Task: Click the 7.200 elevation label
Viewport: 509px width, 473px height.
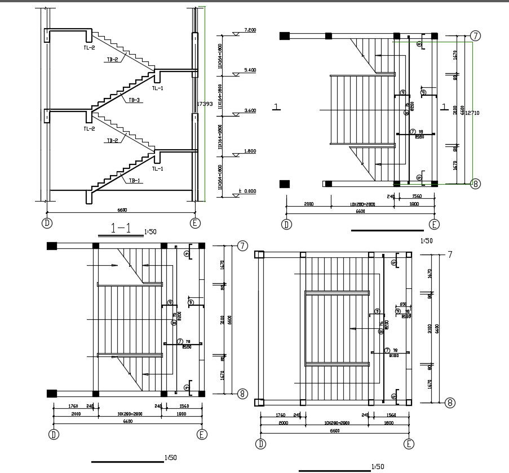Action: click(250, 30)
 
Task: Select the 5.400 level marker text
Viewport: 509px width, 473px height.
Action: click(250, 70)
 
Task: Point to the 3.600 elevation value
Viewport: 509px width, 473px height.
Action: click(250, 111)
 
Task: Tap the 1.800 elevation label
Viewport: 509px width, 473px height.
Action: click(250, 151)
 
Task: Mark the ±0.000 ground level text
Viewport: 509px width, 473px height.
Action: click(247, 192)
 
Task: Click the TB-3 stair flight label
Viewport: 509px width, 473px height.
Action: click(134, 100)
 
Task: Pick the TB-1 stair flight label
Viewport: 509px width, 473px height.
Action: click(134, 181)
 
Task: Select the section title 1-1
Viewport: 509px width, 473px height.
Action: click(121, 229)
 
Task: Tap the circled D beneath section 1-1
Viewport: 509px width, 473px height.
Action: click(47, 223)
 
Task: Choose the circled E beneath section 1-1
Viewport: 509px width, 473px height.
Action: click(195, 223)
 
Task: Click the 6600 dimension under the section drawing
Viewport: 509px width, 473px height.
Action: click(122, 210)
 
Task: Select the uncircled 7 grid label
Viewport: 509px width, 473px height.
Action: click(450, 255)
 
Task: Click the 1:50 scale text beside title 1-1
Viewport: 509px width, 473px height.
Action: click(151, 231)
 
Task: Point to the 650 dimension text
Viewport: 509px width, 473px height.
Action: click(402, 305)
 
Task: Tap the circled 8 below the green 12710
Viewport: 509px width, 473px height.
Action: click(475, 184)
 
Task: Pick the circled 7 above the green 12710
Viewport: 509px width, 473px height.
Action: click(475, 36)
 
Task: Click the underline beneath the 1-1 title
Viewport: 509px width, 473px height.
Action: click(120, 235)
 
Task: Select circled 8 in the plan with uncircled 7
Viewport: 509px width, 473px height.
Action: click(450, 403)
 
